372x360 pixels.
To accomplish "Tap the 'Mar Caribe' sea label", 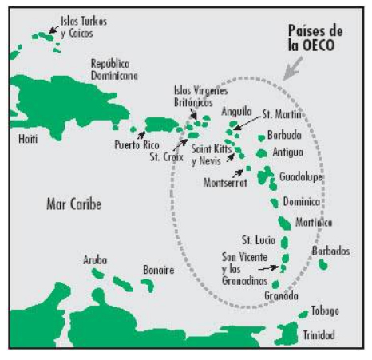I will coord(74,205).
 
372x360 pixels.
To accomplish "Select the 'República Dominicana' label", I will coord(114,69).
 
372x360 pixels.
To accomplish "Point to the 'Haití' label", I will coord(27,140).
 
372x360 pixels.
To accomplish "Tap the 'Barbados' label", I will coord(330,251).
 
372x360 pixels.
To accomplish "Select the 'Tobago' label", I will coord(325,311).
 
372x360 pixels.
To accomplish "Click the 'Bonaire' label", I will coord(158,271).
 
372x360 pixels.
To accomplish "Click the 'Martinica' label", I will coord(314,223).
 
